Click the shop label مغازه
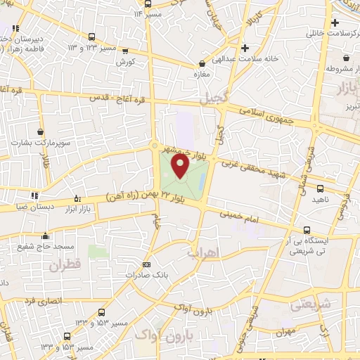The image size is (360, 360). [x=202, y=72]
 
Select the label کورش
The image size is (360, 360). [x=126, y=61]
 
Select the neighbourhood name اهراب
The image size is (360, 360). [x=205, y=251]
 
